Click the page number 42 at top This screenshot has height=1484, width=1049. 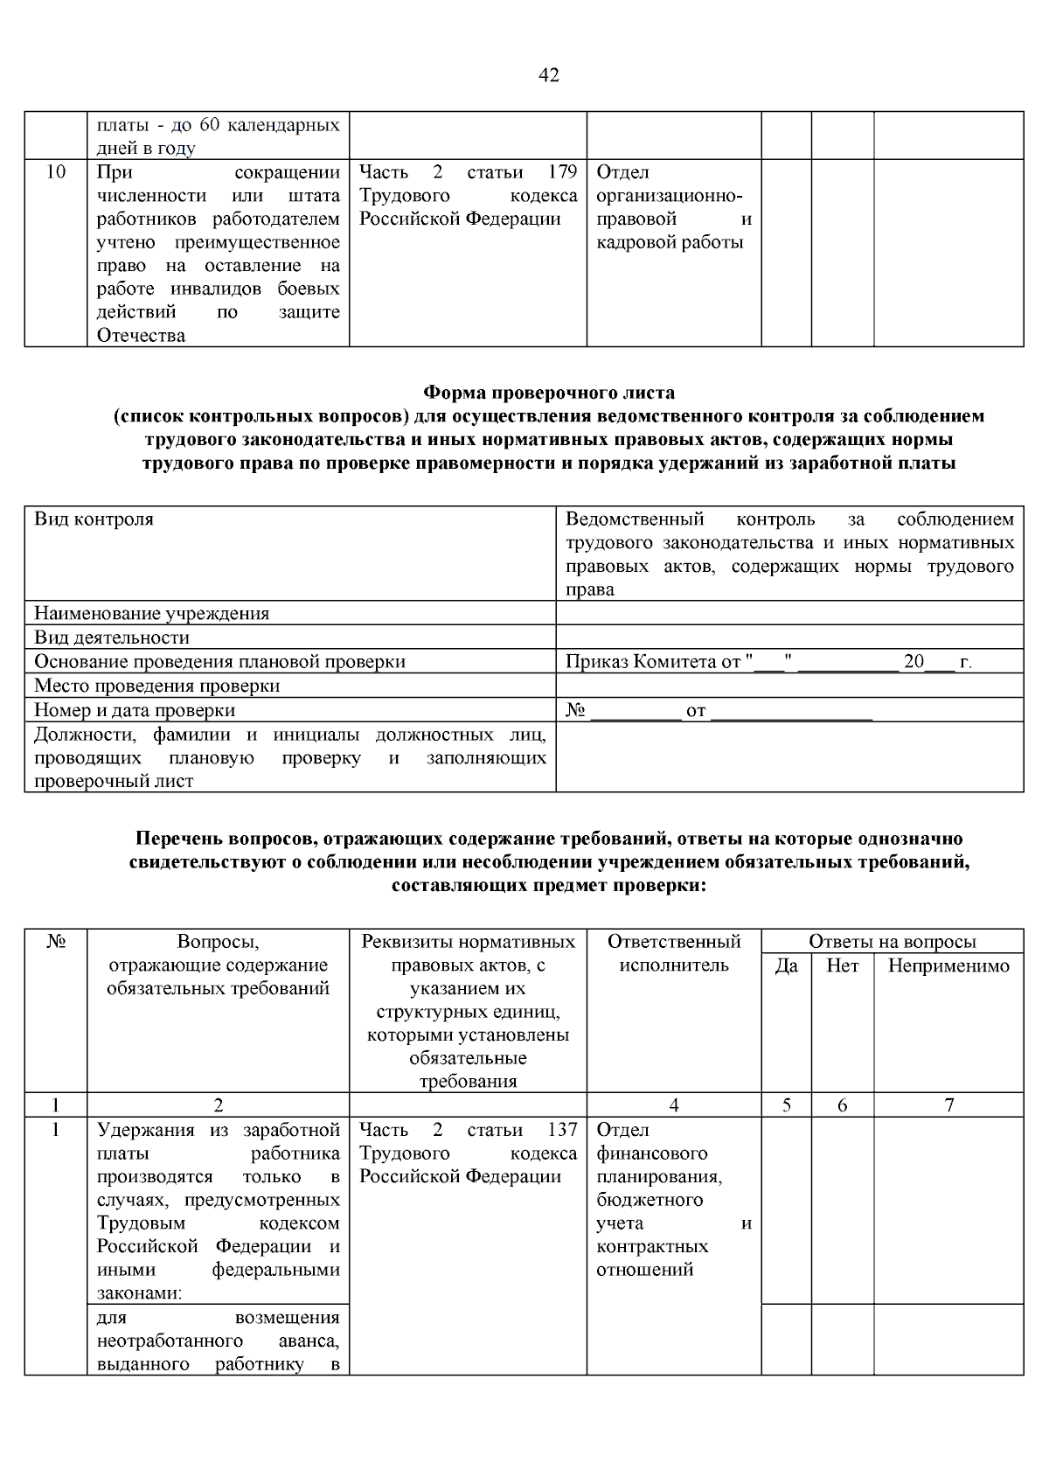(549, 75)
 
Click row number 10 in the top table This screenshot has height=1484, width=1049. (55, 171)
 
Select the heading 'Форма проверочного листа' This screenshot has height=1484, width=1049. (549, 393)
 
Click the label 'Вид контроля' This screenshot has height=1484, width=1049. (94, 519)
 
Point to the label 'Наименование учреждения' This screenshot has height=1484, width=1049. (151, 613)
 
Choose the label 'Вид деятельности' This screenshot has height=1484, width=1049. (112, 637)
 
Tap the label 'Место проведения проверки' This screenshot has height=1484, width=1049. (156, 686)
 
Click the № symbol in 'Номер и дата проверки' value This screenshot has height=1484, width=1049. (575, 710)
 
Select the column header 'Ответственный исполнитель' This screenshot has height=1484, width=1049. (674, 953)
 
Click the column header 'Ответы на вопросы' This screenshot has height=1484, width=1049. (892, 942)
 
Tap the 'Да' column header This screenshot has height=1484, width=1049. (787, 965)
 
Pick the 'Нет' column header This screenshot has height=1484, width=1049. (843, 965)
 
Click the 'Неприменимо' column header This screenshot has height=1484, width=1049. (948, 965)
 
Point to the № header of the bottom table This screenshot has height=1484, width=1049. (55, 942)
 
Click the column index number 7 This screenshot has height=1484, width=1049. (949, 1105)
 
